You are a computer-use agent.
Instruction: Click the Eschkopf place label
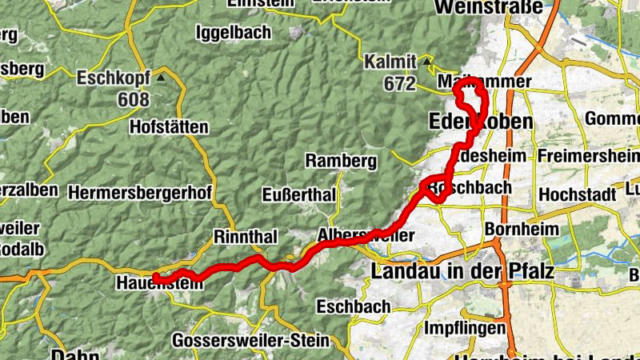112,78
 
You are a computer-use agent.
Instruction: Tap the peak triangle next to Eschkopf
162,78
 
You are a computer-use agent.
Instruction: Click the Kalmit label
390,62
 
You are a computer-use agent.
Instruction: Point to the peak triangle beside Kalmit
428,61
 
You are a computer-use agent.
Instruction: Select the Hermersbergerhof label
140,193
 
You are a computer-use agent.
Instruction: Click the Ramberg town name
341,161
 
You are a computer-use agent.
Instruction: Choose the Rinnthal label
245,237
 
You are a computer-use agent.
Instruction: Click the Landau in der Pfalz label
462,271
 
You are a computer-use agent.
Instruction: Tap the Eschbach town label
354,306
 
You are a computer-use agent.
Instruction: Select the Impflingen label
465,328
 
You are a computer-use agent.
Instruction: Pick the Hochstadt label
577,194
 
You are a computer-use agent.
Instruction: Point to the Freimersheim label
588,154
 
